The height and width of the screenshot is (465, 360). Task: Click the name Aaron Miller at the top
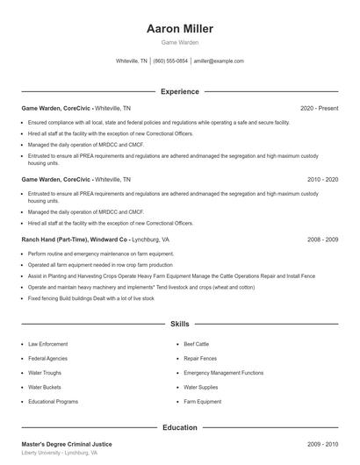(x=180, y=29)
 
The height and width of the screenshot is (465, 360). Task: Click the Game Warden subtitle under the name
(x=180, y=43)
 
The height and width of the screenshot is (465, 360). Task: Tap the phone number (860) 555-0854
(x=170, y=61)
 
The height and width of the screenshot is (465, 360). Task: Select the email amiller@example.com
(x=219, y=61)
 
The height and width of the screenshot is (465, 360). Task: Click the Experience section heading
(x=180, y=91)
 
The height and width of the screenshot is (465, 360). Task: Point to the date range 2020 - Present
(x=319, y=108)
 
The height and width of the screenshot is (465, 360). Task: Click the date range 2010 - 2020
(x=322, y=179)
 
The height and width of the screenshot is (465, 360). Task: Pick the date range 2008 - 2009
(x=322, y=239)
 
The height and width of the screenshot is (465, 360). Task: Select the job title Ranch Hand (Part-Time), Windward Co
(x=75, y=239)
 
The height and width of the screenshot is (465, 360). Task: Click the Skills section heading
(x=180, y=324)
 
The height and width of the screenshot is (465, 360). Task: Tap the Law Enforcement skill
(x=47, y=345)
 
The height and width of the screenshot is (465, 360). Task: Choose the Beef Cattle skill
(x=197, y=345)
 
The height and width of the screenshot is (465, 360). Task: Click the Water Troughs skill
(x=46, y=373)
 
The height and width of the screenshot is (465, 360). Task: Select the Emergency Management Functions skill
(x=223, y=373)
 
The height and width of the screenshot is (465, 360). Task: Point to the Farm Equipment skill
(x=202, y=401)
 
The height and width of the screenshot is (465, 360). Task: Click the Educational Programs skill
(x=53, y=401)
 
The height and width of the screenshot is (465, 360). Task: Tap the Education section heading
(x=180, y=427)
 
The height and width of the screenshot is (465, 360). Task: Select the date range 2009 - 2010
(x=322, y=445)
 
